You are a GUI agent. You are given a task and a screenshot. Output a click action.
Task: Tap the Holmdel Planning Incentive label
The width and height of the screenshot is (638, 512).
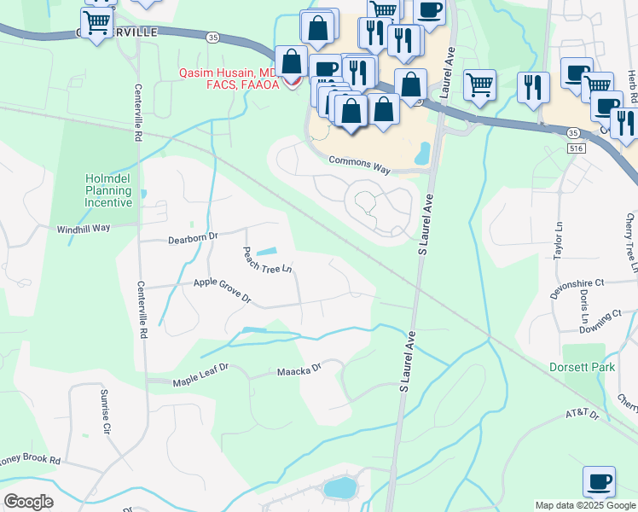pos(108,190)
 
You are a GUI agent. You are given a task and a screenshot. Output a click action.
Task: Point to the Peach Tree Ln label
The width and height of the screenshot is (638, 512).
pos(268,260)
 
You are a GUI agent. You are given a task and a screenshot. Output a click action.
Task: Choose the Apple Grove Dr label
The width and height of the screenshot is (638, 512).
pos(222,289)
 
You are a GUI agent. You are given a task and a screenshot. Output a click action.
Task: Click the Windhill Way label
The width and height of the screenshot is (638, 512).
pos(84,229)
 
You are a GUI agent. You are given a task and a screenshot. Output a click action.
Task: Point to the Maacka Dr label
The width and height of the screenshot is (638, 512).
pos(299,370)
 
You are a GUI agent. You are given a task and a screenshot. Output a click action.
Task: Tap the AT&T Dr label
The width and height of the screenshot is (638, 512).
pos(583,415)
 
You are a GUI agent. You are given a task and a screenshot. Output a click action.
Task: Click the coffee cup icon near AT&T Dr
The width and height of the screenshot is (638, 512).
pos(599,481)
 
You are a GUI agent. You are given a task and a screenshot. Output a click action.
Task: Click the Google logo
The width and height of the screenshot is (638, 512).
pos(28,502)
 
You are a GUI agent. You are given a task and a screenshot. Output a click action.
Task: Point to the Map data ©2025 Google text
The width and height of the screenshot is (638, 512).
pos(584,505)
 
